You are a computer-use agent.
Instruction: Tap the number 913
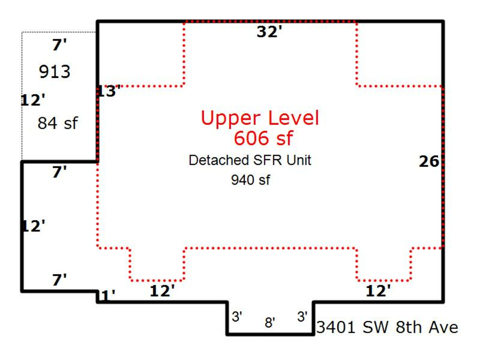(x=54, y=72)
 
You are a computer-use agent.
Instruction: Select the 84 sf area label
(x=58, y=124)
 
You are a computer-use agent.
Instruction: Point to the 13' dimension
(x=109, y=91)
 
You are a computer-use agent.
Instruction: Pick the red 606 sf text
(x=263, y=138)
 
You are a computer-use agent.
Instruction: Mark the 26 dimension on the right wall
(x=429, y=162)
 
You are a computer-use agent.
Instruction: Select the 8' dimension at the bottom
(x=270, y=323)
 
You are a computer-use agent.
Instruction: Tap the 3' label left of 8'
(x=237, y=316)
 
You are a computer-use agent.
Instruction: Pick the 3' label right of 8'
(x=302, y=316)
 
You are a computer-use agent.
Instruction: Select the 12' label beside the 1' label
(x=162, y=291)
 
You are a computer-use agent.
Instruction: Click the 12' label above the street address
(x=378, y=291)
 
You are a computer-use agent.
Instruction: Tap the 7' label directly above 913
(x=59, y=45)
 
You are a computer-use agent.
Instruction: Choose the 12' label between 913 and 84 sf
(x=33, y=100)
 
